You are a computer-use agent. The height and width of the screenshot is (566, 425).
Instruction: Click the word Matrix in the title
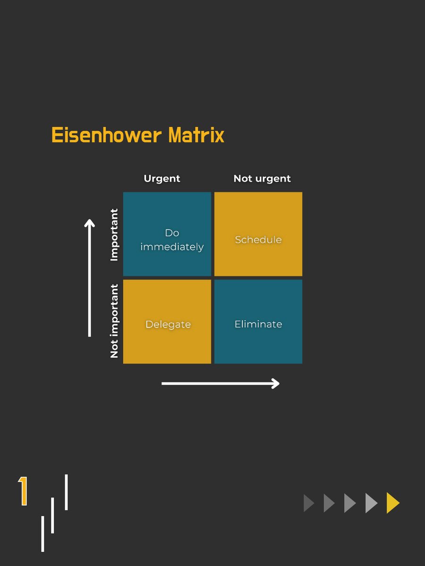(196, 135)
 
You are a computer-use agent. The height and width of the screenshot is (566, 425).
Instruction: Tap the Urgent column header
(162, 178)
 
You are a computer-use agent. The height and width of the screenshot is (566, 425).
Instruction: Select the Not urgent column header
(262, 178)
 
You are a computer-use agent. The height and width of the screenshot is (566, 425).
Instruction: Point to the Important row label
(114, 234)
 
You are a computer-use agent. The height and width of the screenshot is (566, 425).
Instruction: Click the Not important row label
(114, 321)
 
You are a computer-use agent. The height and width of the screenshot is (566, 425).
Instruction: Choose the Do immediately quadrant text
(172, 240)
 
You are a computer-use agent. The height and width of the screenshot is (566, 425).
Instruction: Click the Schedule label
(258, 239)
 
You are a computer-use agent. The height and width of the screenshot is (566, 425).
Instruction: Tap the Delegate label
(168, 324)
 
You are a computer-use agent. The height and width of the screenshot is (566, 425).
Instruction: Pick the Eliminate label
(258, 324)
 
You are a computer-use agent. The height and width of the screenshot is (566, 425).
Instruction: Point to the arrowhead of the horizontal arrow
(275, 383)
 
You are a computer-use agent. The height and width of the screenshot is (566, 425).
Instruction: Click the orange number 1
(23, 491)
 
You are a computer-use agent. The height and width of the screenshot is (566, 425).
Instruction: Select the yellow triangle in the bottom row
(392, 503)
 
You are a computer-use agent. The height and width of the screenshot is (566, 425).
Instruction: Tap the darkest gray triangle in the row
(308, 503)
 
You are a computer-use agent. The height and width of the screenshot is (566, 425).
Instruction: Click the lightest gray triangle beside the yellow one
(371, 503)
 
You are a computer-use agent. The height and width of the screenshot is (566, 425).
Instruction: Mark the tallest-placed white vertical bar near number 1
(66, 492)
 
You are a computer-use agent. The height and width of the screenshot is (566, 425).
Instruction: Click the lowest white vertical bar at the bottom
(42, 533)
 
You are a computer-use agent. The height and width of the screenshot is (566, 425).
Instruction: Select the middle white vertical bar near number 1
(52, 515)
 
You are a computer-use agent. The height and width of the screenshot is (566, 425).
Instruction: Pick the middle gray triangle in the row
(350, 503)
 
